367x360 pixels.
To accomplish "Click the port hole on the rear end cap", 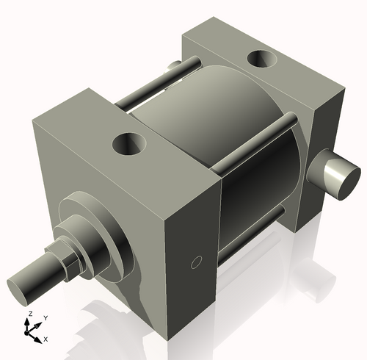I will tap(261, 59).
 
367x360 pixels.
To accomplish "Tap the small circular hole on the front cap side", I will tap(195, 262).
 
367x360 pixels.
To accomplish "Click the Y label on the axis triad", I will tap(45, 317).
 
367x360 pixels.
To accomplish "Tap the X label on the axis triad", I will tap(46, 339).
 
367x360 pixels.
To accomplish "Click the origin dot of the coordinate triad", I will tap(31, 331).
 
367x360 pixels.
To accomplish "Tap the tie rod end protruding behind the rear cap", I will tap(174, 68).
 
